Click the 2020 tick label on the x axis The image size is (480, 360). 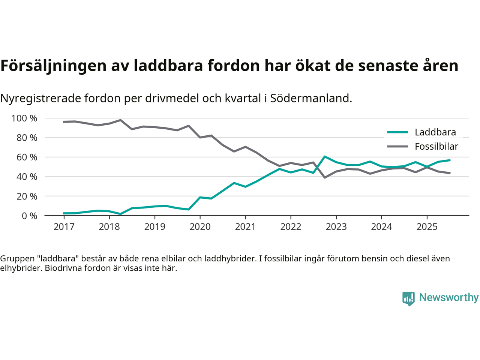coord(200,227)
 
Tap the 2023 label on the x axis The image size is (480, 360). coord(336,227)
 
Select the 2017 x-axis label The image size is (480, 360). coord(64,227)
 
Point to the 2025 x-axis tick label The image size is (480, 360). coord(427,227)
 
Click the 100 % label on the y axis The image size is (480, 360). coord(24,118)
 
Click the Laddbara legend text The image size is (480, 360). coord(435,132)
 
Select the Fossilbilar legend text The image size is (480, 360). coord(436,146)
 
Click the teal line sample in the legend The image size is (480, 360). coord(397,132)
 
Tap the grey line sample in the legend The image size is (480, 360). coord(397,146)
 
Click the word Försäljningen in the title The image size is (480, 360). coord(53,66)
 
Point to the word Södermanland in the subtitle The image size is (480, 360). coord(311,98)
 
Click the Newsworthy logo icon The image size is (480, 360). coord(408,298)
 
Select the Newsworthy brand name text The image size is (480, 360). coord(448,297)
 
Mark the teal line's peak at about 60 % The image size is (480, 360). coord(325,156)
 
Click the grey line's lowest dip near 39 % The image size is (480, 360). coord(325,177)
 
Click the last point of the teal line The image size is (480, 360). coord(450,160)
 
